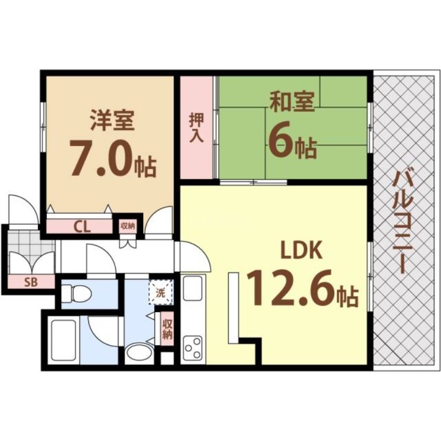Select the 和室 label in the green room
tap(292, 103)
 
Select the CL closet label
tap(83, 226)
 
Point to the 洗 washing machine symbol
tap(161, 293)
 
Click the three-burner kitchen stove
tap(193, 348)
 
